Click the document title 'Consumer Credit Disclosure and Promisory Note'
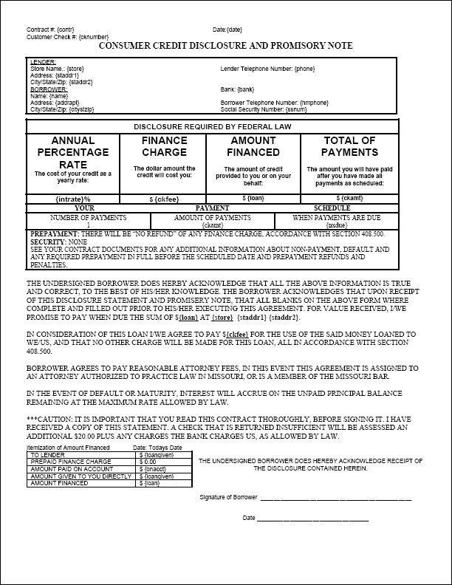point(225,46)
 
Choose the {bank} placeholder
point(247,89)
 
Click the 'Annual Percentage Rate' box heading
point(73,152)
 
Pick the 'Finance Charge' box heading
point(165,146)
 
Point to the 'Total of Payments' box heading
point(349,146)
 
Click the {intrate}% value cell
point(72,199)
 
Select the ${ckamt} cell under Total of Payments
point(349,198)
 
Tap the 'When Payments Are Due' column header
point(337,218)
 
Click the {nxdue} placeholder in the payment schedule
point(337,225)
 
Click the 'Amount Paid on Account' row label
point(62,468)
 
